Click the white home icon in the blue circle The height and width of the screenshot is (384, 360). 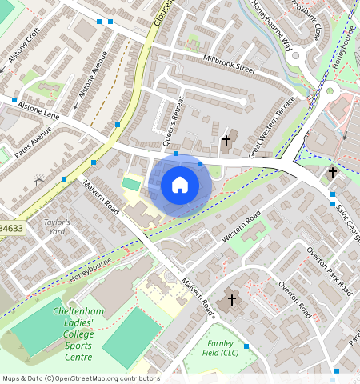click(180, 185)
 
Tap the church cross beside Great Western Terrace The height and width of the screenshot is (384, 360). click(226, 141)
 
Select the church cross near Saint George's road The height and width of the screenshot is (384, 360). click(333, 172)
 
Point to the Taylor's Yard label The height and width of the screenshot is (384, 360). click(57, 226)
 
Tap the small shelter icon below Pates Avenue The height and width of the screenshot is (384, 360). click(38, 182)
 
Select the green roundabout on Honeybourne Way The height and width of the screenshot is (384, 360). click(329, 91)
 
